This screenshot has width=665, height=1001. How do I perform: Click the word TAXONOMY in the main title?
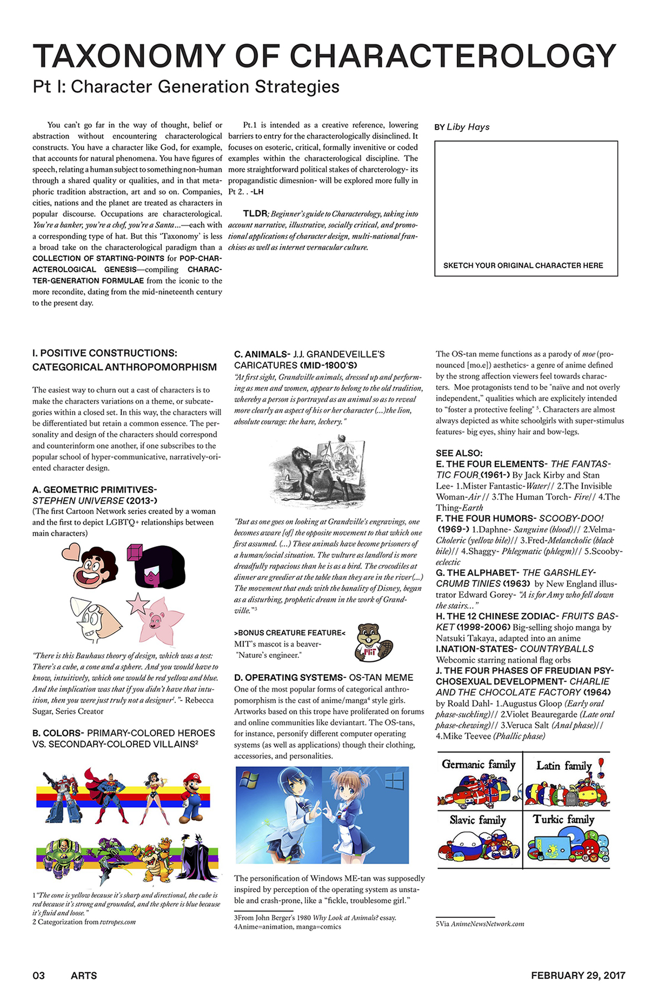[x=129, y=56]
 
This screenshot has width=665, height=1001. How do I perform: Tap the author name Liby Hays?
[x=468, y=127]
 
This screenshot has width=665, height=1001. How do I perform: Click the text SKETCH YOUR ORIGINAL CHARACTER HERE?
[x=523, y=265]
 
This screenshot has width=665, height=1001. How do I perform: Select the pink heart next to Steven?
[x=71, y=551]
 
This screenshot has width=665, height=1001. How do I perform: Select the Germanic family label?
[x=478, y=765]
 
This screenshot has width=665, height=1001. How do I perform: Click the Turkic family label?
[x=564, y=819]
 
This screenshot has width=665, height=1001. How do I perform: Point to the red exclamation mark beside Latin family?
[x=601, y=768]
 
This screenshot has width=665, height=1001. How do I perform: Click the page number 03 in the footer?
[x=39, y=976]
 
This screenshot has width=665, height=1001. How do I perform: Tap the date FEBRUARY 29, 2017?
[x=578, y=976]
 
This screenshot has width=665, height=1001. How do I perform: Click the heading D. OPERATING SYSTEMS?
[x=289, y=677]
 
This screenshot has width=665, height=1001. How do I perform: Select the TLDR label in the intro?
[x=255, y=213]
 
